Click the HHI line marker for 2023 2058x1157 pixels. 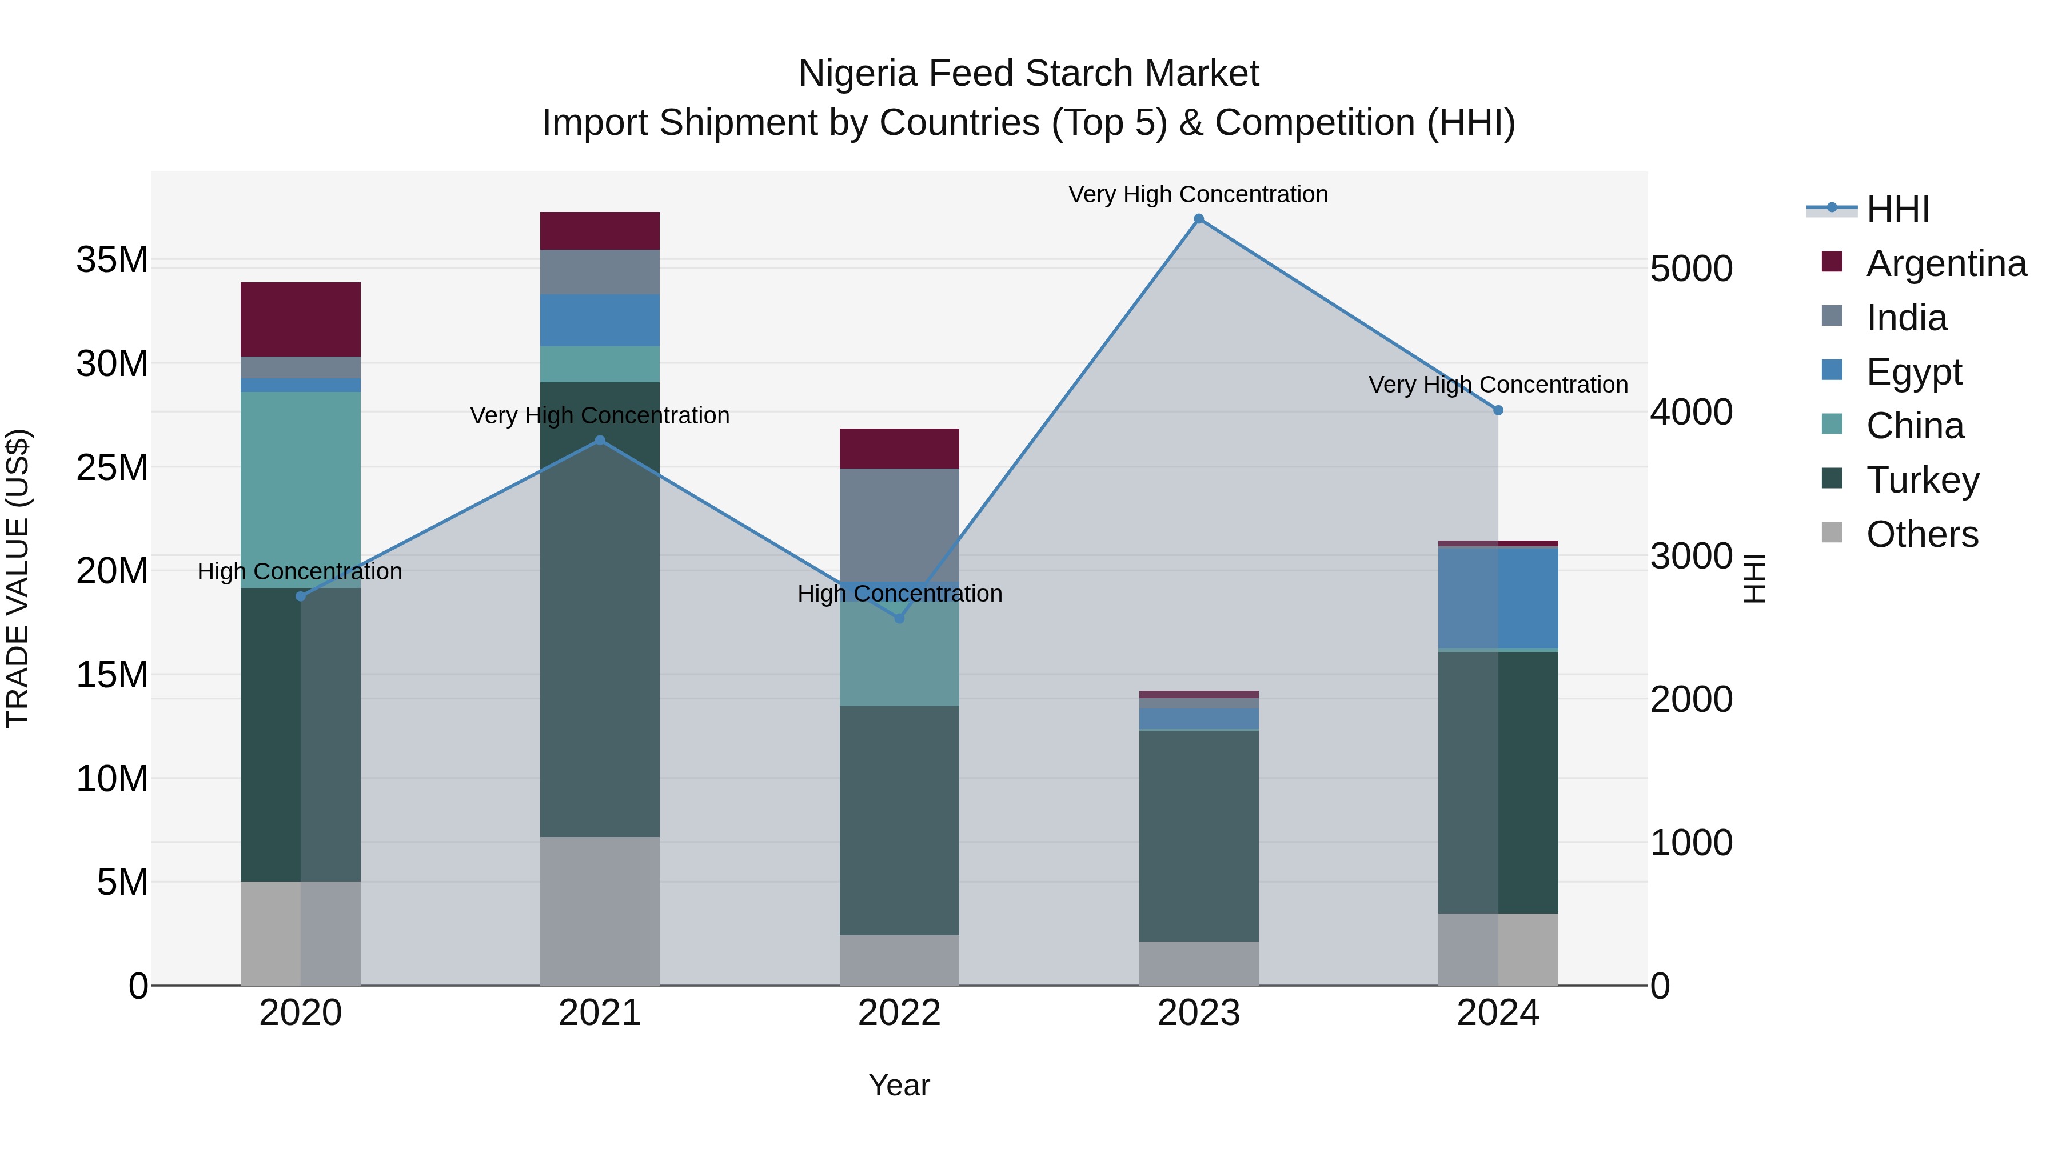pos(1198,219)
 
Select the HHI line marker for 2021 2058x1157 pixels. pos(600,440)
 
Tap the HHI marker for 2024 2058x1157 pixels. pos(1498,410)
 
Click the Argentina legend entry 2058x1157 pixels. pos(1946,263)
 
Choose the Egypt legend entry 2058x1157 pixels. pos(1913,372)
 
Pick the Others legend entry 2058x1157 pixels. pos(1921,534)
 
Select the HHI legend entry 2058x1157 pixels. pos(1897,209)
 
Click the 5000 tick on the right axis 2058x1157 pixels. pos(1692,269)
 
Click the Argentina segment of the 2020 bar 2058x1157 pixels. pos(300,319)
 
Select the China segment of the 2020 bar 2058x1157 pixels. pos(300,490)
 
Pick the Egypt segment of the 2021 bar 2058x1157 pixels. pos(600,320)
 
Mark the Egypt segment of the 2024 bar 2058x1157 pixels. pos(1498,598)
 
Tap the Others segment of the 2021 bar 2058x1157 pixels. pos(600,911)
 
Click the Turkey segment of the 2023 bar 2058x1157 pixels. pos(1198,836)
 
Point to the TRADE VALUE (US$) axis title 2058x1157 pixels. pos(18,578)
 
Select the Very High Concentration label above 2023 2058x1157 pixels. pos(1198,195)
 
